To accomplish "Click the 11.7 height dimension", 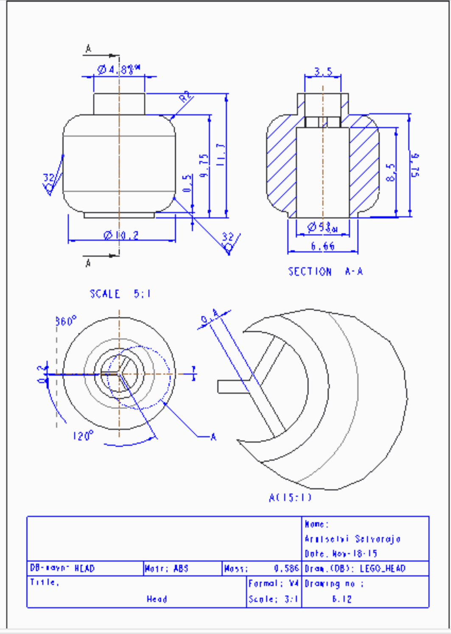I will (x=220, y=154).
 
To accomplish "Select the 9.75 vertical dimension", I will (x=204, y=165).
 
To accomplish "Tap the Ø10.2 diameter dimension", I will (x=121, y=235).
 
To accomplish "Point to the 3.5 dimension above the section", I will (x=323, y=71).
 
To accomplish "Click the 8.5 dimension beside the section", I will (x=391, y=172).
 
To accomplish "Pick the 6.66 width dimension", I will (x=322, y=246).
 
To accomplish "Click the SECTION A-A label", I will (x=325, y=272).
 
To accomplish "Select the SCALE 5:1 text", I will (x=120, y=294).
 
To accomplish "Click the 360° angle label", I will (x=66, y=321).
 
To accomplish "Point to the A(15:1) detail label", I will (x=290, y=497).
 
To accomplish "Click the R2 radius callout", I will (x=185, y=97).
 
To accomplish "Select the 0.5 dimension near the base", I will (x=187, y=183).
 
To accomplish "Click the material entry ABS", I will (x=181, y=568).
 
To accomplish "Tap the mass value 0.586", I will (x=286, y=568).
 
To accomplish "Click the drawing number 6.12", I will (x=342, y=599).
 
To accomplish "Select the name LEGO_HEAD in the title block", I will (x=383, y=568).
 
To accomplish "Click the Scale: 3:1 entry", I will (x=273, y=599).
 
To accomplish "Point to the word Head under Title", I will (x=157, y=599).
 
